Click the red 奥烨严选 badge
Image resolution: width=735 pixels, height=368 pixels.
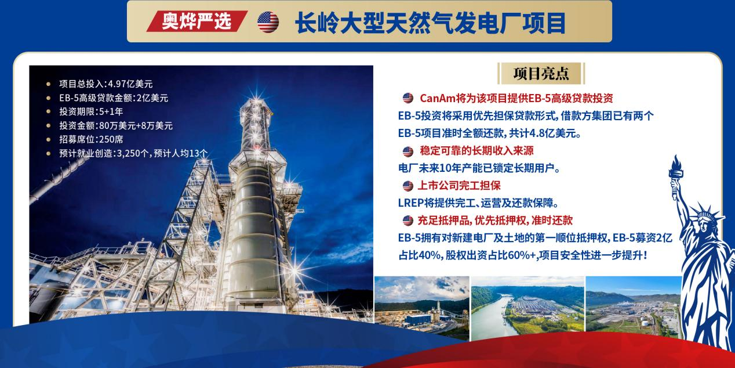(x=197, y=21)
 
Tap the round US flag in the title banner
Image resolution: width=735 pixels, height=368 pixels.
(x=268, y=22)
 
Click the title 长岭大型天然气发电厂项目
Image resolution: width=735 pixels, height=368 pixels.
(x=430, y=23)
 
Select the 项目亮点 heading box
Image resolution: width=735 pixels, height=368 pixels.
(x=541, y=73)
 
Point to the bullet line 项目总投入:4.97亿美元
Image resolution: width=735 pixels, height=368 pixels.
(x=105, y=84)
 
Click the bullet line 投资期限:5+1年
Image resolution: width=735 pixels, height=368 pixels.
(x=91, y=111)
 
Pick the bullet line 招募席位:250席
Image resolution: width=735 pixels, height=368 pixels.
(x=91, y=139)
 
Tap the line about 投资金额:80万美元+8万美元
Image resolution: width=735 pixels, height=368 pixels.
(x=115, y=125)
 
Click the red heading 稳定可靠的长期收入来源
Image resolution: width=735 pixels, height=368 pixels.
(x=476, y=151)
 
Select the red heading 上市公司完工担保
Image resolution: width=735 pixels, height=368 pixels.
(x=459, y=186)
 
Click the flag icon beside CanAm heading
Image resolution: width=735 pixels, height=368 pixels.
(x=408, y=98)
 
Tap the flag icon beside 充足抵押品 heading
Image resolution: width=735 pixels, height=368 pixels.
(x=408, y=221)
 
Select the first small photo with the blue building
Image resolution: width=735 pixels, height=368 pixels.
(x=422, y=307)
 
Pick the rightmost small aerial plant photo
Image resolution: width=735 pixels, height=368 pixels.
(x=634, y=305)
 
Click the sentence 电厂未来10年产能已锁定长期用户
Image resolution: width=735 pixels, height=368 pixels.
(x=479, y=168)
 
